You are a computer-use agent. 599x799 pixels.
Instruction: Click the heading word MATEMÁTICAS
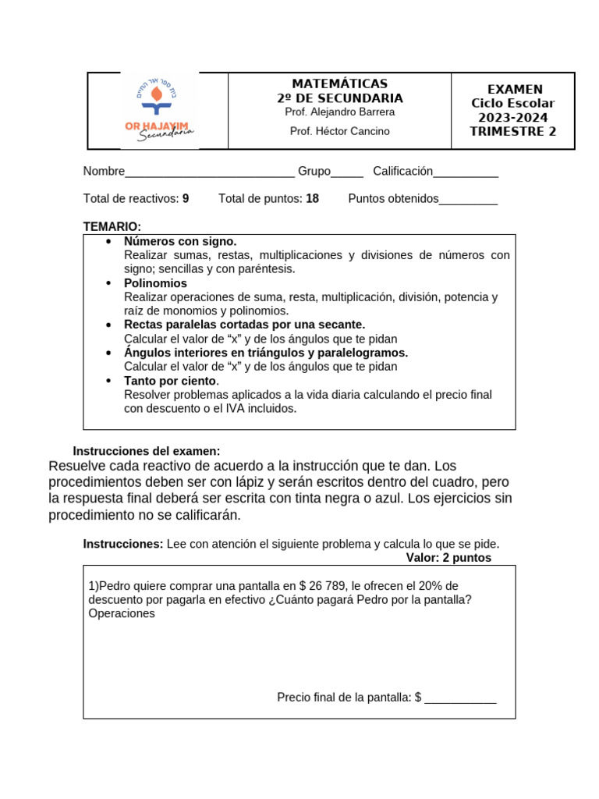339,83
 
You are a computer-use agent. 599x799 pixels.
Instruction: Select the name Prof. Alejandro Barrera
339,112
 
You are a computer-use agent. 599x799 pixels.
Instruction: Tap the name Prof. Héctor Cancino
339,131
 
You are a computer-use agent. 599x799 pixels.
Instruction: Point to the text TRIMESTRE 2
512,131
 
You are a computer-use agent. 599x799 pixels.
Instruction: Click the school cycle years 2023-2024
512,117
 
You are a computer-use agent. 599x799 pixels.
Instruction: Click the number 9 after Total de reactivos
186,199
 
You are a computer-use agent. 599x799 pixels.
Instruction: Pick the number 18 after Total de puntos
312,199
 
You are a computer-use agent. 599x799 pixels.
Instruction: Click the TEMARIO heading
112,226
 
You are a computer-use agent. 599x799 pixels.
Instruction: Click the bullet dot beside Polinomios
108,283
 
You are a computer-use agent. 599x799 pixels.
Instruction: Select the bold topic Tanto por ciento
170,381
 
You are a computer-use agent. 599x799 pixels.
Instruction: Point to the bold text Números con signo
180,241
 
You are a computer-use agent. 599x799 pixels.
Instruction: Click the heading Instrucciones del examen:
147,451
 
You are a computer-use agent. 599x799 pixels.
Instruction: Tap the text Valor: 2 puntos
448,558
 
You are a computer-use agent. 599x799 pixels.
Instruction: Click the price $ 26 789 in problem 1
323,585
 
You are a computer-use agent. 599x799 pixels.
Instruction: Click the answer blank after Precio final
460,698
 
